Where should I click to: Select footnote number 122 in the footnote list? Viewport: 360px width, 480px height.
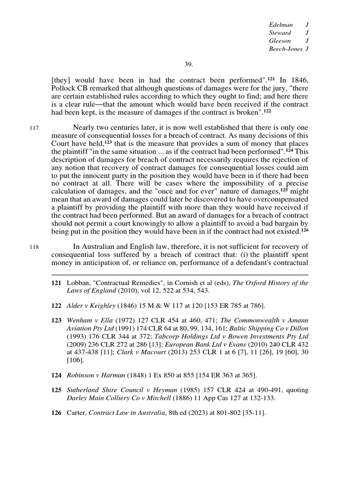56,306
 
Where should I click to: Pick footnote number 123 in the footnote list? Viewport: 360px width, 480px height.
56,320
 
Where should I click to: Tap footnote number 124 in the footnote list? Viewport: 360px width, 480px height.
56,375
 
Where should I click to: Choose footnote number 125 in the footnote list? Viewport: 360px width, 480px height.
56,390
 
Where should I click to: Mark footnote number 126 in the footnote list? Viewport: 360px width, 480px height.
56,413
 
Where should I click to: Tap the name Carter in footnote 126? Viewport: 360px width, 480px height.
77,413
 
